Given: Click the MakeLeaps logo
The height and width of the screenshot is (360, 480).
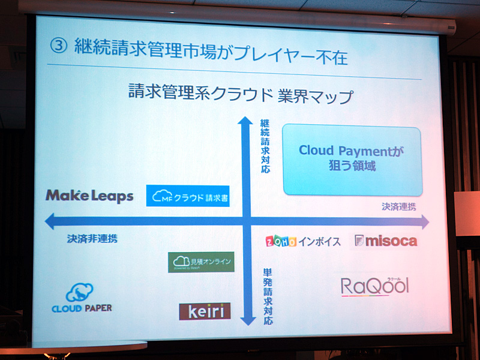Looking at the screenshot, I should [89, 196].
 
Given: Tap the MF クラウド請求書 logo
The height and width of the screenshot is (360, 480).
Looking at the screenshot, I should [188, 196].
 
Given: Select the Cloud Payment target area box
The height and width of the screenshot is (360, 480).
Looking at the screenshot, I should [352, 160].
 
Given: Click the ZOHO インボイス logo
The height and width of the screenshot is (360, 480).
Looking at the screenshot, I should [303, 241].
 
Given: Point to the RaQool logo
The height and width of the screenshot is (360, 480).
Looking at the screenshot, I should [375, 286].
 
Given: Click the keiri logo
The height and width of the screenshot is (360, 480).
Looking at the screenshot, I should [205, 311].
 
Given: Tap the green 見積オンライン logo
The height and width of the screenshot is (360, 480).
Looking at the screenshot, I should [202, 262].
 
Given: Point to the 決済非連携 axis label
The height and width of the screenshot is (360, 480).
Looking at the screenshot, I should [92, 238].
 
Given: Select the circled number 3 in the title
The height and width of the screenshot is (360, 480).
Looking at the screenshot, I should [58, 47].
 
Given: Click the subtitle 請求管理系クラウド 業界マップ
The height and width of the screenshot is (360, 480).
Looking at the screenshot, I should [240, 95].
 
